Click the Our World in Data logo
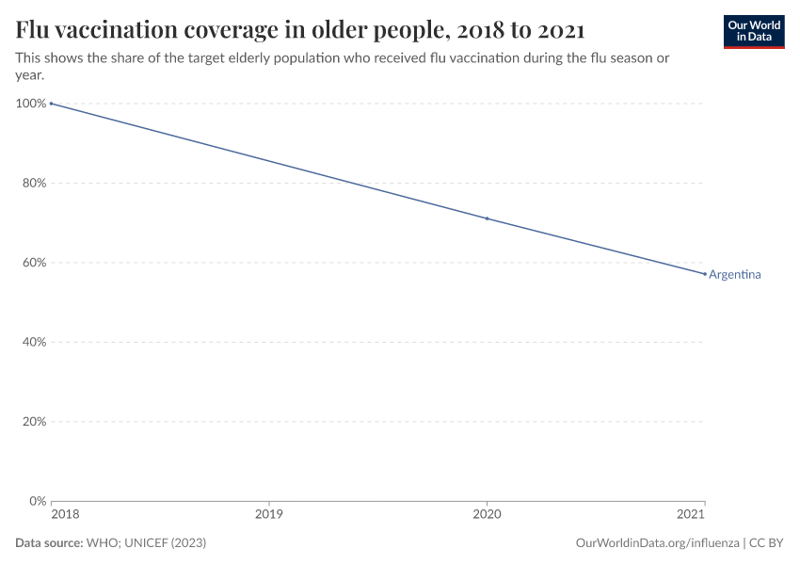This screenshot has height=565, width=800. coord(753,31)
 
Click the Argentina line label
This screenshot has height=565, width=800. coord(734,275)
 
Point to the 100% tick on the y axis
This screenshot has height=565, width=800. coord(31,104)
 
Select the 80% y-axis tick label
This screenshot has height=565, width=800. coord(34,183)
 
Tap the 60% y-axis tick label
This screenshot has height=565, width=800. coord(34,263)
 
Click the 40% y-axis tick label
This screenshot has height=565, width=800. coord(34,342)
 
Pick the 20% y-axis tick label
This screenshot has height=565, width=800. coord(34,422)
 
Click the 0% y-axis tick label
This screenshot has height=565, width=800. coord(37,501)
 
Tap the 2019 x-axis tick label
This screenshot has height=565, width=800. coord(269,516)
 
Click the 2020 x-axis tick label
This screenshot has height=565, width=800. coord(487,516)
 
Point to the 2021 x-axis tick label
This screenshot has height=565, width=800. coord(691,516)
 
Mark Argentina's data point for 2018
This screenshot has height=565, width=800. coord(52,104)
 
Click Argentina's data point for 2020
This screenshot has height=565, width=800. coord(487,218)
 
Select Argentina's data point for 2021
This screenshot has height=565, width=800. coord(704,274)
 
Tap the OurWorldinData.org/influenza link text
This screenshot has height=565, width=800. coord(656,543)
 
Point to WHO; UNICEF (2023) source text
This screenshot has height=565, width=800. coord(146,543)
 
